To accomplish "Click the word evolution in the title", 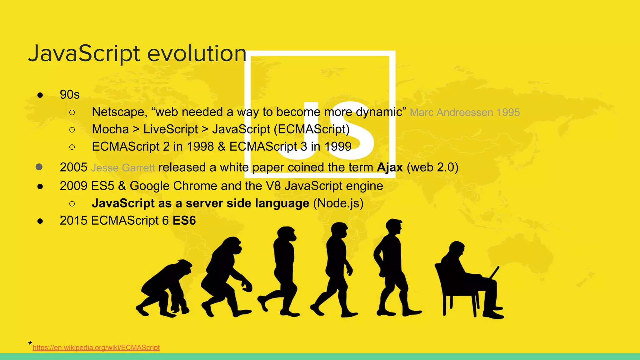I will click(x=197, y=53).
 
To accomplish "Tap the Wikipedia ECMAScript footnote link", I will click(x=96, y=347).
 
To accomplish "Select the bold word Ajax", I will click(x=390, y=167).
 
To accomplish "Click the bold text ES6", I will click(x=184, y=221).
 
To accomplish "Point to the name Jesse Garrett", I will click(x=123, y=168).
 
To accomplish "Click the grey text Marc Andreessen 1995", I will click(x=465, y=112).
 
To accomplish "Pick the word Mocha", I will click(x=110, y=129).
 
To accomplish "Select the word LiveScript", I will click(x=171, y=129).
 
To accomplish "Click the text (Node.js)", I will click(x=338, y=203).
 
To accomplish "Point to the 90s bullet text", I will click(x=70, y=94).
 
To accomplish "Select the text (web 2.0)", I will click(x=432, y=167).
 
